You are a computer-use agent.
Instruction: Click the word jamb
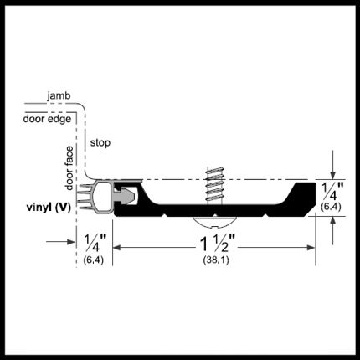59,96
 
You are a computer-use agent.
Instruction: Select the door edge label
47,119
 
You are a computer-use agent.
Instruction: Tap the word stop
100,143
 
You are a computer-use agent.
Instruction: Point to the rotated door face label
69,168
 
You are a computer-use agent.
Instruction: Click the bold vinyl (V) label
49,208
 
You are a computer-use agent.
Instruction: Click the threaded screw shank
215,186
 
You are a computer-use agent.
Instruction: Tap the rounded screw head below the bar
215,222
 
